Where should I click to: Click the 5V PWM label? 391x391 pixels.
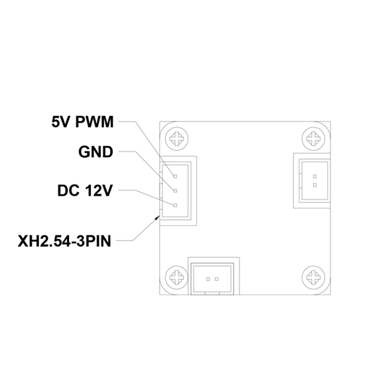pyautogui.click(x=83, y=122)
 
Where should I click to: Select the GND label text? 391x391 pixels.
pyautogui.click(x=96, y=152)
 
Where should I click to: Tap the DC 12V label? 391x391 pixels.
pyautogui.click(x=85, y=191)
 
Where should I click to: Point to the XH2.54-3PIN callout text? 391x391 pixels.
pyautogui.click(x=65, y=241)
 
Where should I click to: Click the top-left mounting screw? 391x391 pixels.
pyautogui.click(x=177, y=139)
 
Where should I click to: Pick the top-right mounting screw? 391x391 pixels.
pyautogui.click(x=314, y=139)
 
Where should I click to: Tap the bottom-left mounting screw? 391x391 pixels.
pyautogui.click(x=177, y=277)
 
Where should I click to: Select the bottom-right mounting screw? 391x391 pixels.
pyautogui.click(x=314, y=277)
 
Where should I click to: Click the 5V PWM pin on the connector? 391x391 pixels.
pyautogui.click(x=175, y=176)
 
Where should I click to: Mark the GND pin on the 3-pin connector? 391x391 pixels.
pyautogui.click(x=175, y=191)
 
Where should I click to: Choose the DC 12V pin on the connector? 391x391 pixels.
pyautogui.click(x=175, y=205)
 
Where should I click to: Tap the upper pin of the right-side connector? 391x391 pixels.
pyautogui.click(x=315, y=176)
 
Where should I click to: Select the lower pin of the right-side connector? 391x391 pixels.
pyautogui.click(x=315, y=185)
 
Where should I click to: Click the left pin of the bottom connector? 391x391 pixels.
pyautogui.click(x=208, y=279)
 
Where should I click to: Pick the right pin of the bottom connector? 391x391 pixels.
pyautogui.click(x=217, y=279)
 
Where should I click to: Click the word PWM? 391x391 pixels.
pyautogui.click(x=94, y=122)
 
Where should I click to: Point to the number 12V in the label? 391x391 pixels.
pyautogui.click(x=99, y=191)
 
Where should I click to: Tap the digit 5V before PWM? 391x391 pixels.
pyautogui.click(x=60, y=122)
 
